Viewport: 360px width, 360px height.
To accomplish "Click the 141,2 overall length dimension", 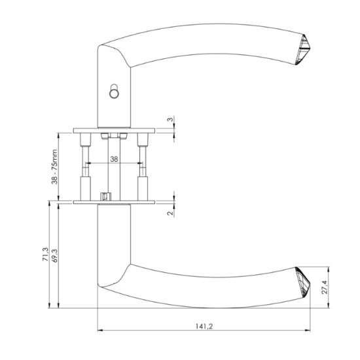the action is pyautogui.click(x=204, y=326).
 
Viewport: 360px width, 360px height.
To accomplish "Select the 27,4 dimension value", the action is pyautogui.click(x=325, y=287).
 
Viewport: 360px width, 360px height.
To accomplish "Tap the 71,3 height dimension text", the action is pyautogui.click(x=45, y=254).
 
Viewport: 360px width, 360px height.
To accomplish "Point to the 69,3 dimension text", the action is pyautogui.click(x=55, y=255).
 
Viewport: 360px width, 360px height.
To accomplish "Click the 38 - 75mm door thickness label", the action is pyautogui.click(x=54, y=167).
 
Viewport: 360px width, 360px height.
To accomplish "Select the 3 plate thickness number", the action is pyautogui.click(x=170, y=119).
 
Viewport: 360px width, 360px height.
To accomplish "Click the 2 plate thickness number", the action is pyautogui.click(x=170, y=213).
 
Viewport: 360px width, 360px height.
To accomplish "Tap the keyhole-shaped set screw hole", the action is pyautogui.click(x=114, y=91).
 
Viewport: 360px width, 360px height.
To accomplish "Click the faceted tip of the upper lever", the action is pyautogui.click(x=303, y=49).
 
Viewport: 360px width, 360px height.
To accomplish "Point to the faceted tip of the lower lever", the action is pyautogui.click(x=303, y=282).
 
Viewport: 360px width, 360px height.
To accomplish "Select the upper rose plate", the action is pyautogui.click(x=114, y=131).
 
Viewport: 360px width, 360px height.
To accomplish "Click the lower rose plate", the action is pyautogui.click(x=114, y=202).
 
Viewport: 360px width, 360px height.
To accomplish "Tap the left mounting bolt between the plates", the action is pyautogui.click(x=85, y=167).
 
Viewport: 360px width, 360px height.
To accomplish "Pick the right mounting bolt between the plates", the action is pyautogui.click(x=143, y=167).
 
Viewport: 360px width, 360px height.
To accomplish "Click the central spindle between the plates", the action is pyautogui.click(x=114, y=168).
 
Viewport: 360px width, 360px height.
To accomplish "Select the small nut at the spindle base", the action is pyautogui.click(x=106, y=197).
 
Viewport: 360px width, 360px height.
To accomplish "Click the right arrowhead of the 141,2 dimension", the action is pyautogui.click(x=308, y=331).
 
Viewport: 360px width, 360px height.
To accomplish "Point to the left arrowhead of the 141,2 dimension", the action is pyautogui.click(x=100, y=331).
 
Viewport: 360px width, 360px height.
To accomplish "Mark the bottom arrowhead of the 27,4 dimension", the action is pyautogui.click(x=329, y=305).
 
